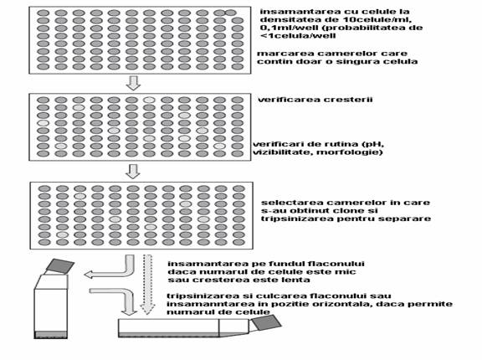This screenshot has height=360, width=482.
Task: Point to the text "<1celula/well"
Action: tap(298, 36)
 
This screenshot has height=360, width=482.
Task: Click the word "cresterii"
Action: tap(351, 100)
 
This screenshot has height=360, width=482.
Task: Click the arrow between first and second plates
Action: tap(133, 83)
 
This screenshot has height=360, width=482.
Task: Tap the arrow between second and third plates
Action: tap(133, 172)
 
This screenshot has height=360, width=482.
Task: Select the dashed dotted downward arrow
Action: tap(147, 285)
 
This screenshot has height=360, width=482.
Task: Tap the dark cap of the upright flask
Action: tap(60, 266)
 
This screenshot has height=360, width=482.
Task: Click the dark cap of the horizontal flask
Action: tap(266, 322)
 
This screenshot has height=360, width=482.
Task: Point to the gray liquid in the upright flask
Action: tap(50, 335)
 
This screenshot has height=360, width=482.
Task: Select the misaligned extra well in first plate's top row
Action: tap(231, 13)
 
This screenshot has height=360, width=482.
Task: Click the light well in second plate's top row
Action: tap(150, 100)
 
